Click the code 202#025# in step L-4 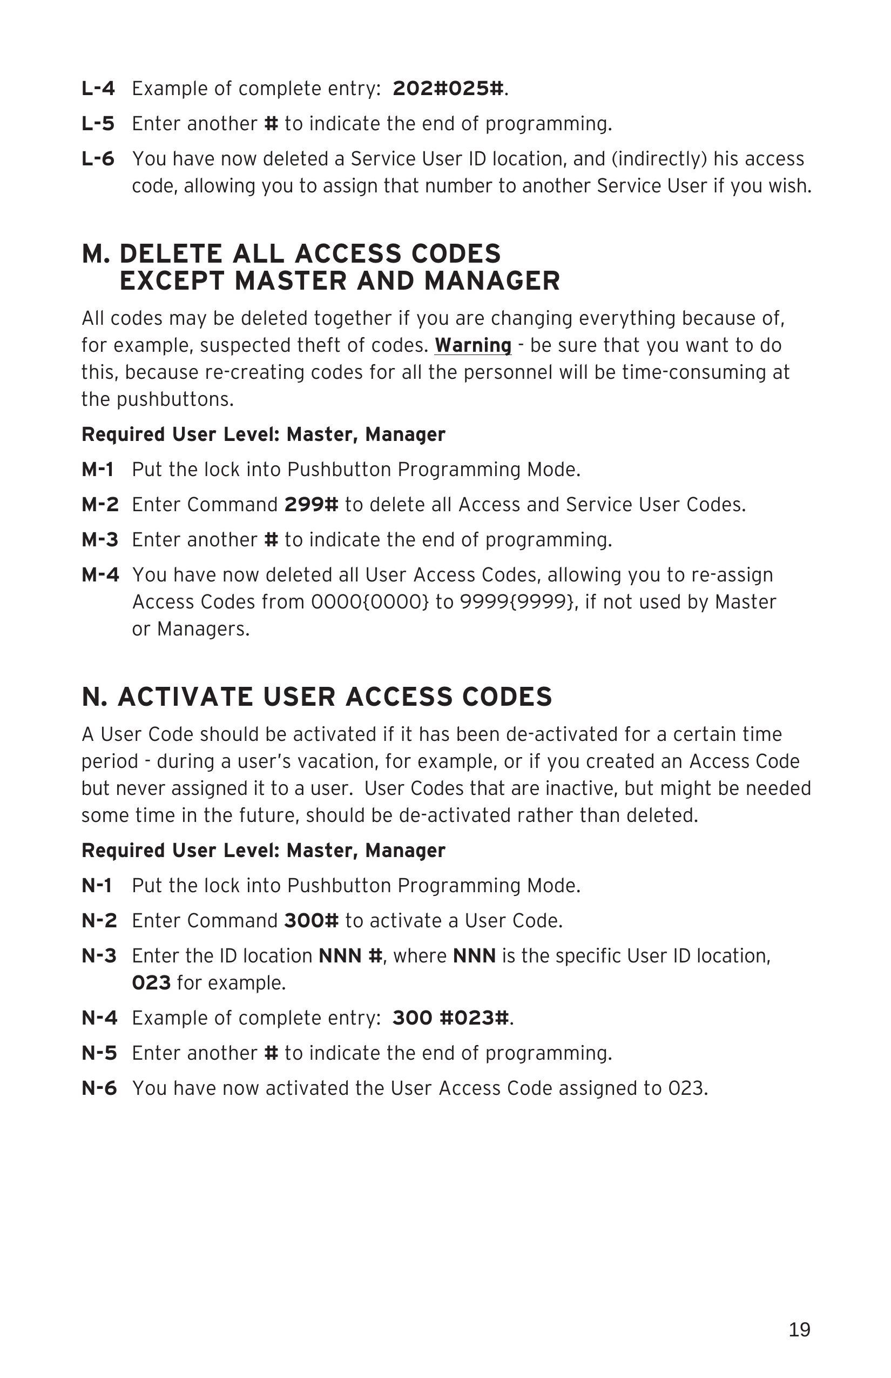point(447,89)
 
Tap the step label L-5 point(98,124)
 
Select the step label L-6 point(98,159)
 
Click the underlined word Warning point(473,346)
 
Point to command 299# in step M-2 point(311,505)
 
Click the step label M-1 point(97,470)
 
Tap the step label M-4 point(100,575)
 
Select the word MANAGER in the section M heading point(492,281)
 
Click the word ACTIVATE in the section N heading point(185,697)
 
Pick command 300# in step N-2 point(311,921)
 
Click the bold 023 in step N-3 point(151,983)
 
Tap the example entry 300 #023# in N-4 point(451,1018)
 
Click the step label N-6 point(99,1088)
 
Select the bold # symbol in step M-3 point(271,540)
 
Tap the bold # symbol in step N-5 point(271,1053)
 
